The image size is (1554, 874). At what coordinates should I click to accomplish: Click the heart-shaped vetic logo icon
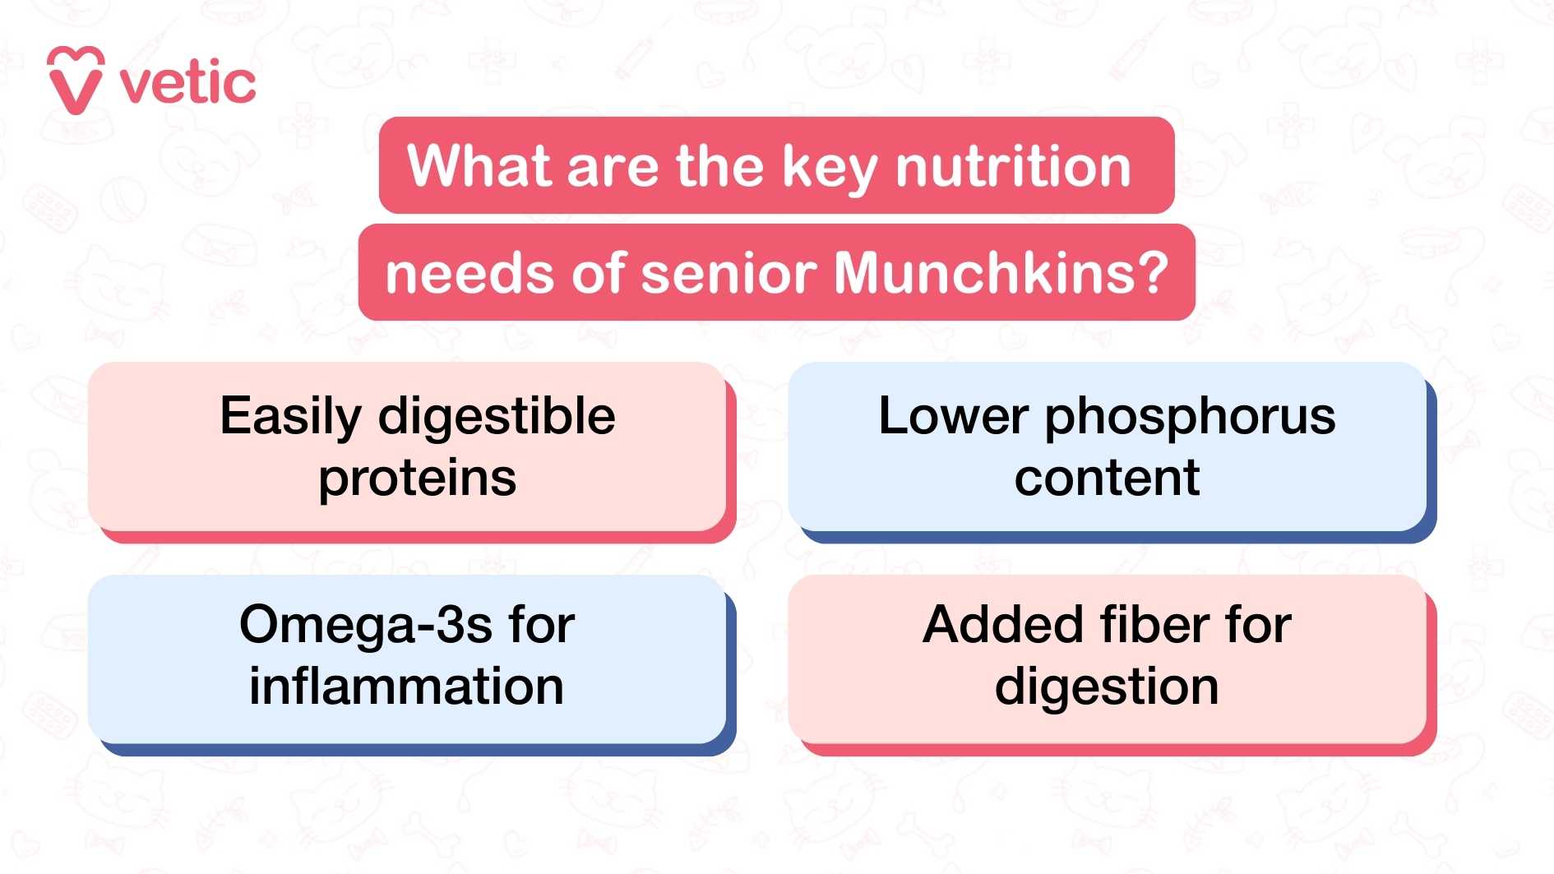[x=76, y=81]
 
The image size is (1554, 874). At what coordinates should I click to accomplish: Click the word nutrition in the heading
[x=1013, y=166]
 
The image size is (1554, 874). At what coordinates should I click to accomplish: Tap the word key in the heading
[x=830, y=168]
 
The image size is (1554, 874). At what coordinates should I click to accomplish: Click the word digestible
[x=497, y=416]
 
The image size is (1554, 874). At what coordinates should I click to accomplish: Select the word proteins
[x=418, y=478]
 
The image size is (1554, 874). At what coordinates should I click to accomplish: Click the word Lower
[x=953, y=416]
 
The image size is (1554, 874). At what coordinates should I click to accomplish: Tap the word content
[x=1107, y=478]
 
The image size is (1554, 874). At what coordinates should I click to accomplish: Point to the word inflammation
[x=407, y=687]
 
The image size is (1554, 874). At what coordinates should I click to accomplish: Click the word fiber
[x=1155, y=625]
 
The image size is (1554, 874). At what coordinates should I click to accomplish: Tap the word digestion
[x=1107, y=688]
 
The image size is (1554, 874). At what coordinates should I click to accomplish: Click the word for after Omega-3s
[x=541, y=625]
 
